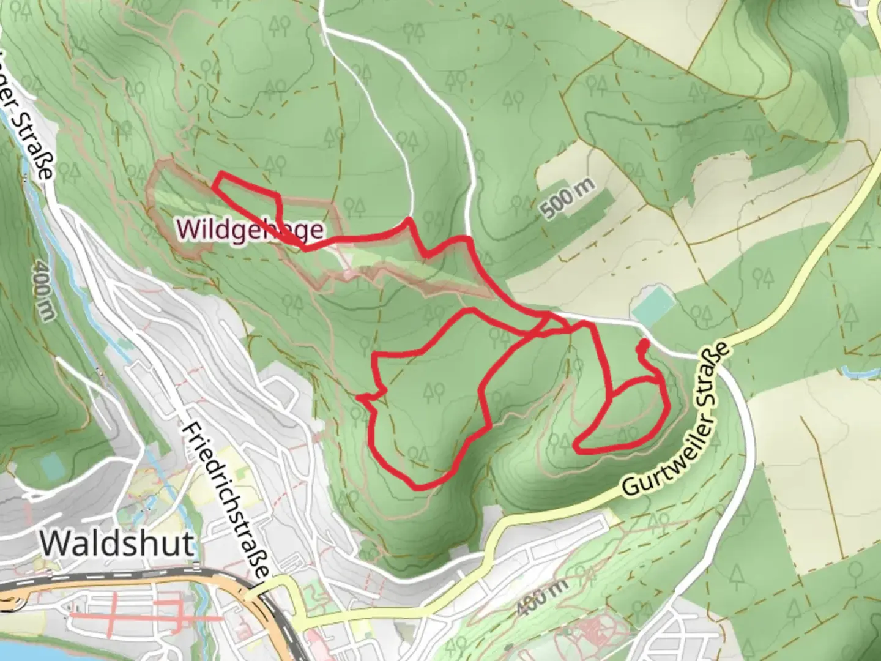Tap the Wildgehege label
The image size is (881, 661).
250,230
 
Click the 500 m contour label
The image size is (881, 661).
568,199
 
